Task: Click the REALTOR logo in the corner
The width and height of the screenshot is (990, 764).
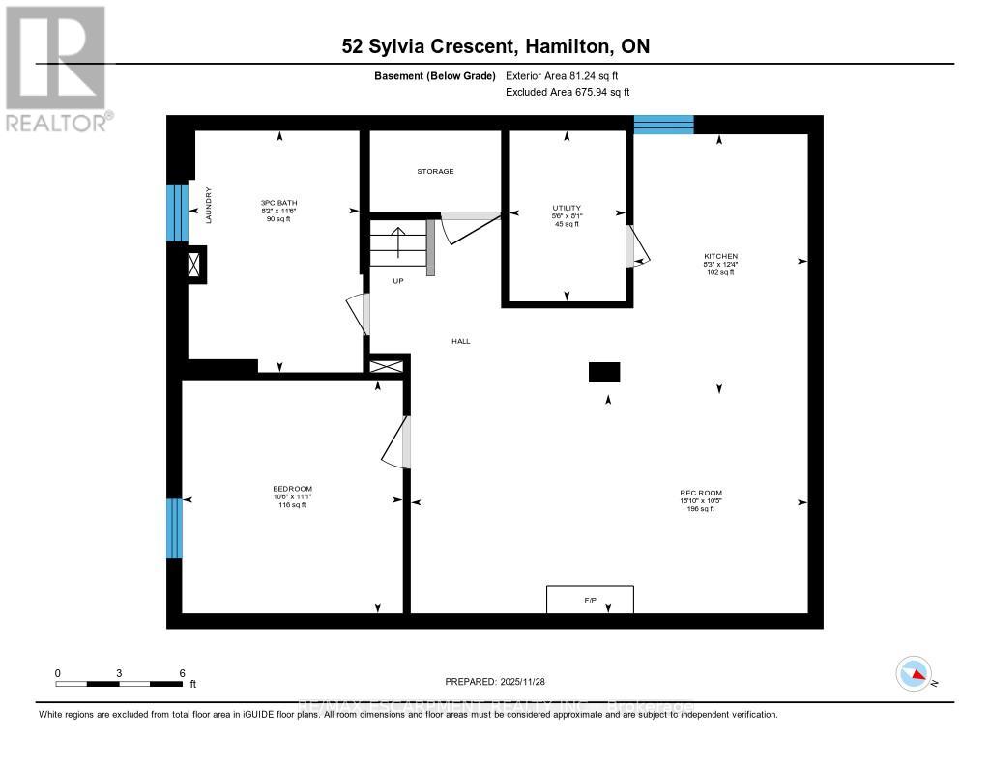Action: tap(56, 68)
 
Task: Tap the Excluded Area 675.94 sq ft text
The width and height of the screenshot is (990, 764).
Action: tap(568, 93)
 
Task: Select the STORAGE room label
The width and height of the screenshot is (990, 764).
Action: tap(435, 171)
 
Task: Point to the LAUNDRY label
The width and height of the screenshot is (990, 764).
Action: tap(207, 206)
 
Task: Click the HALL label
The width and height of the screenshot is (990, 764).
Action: tap(461, 341)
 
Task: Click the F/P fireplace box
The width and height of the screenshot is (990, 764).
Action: tap(590, 600)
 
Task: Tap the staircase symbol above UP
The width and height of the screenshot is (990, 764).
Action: tap(397, 243)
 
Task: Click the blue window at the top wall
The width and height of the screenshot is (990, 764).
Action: tap(663, 124)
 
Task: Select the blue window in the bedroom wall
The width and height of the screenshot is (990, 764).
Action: tap(174, 528)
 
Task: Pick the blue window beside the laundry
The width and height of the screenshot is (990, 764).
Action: tap(177, 212)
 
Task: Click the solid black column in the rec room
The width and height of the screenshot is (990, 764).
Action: tap(604, 372)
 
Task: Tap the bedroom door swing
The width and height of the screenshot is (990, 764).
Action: tap(397, 443)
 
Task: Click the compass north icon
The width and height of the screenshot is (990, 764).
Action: tap(914, 673)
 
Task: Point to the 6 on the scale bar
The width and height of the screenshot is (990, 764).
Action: tap(182, 672)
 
